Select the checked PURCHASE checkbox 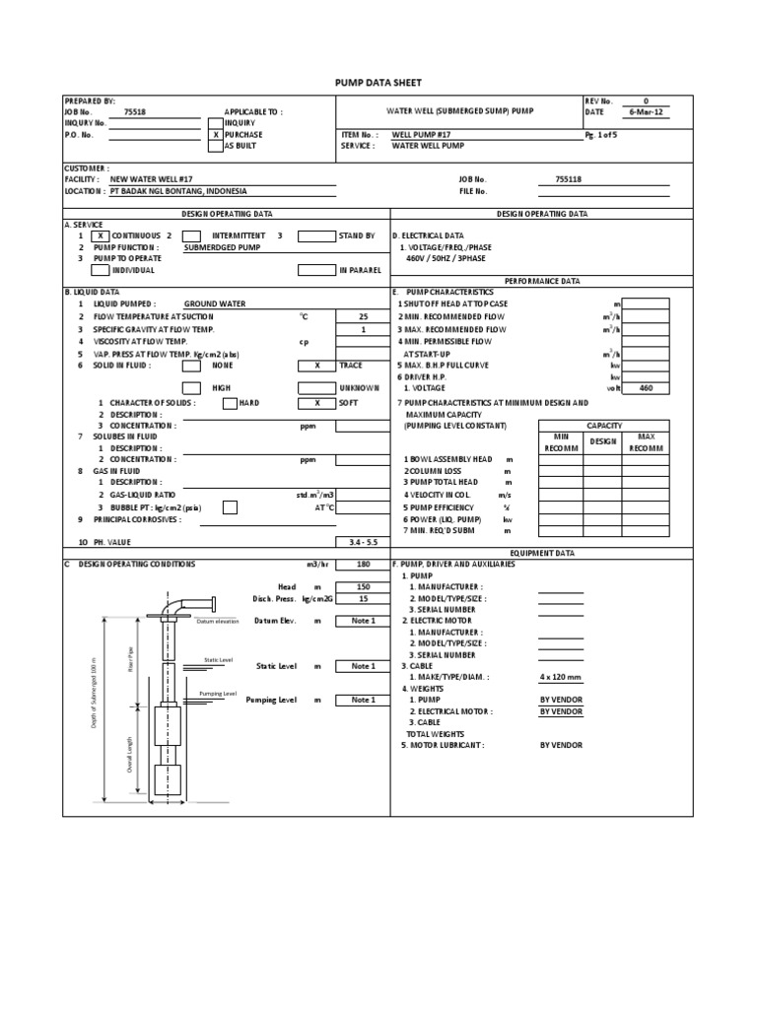tap(215, 134)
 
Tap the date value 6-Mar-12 tap(646, 112)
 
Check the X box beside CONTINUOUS tap(102, 236)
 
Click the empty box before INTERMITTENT tap(191, 236)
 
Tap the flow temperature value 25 tap(362, 316)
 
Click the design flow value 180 tap(362, 565)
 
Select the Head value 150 tap(362, 586)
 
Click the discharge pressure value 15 tap(362, 598)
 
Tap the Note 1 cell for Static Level tap(362, 666)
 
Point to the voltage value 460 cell tap(646, 388)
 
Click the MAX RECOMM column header tap(646, 441)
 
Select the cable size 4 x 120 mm tap(561, 677)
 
